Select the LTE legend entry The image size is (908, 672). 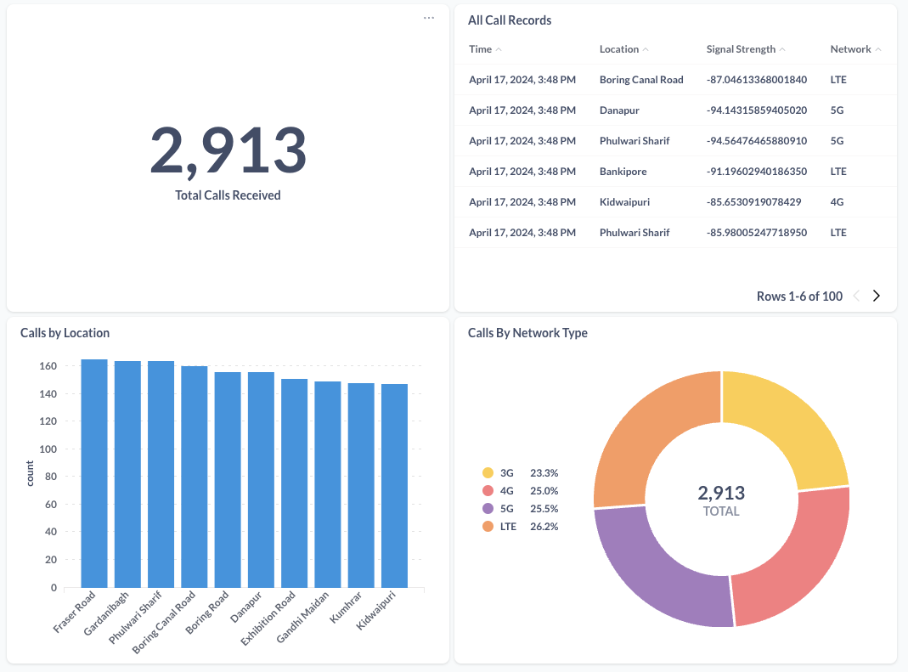[508, 527]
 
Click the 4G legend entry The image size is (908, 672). [507, 491]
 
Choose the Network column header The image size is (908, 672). [850, 49]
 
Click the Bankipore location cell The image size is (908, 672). [623, 172]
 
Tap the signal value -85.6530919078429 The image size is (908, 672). [751, 202]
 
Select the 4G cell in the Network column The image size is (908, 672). [838, 202]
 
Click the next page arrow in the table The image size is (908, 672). [877, 296]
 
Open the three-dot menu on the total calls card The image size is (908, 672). [429, 18]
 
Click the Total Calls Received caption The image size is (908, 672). [228, 195]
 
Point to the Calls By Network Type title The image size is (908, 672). [527, 333]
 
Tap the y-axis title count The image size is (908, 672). [30, 473]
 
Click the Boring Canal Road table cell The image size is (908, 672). [641, 80]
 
